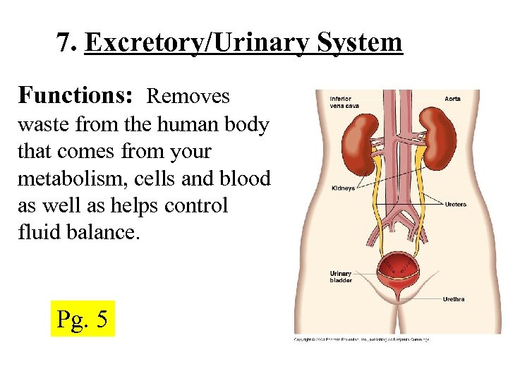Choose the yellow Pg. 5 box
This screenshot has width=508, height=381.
tap(82, 318)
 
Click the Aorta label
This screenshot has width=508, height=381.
tap(452, 99)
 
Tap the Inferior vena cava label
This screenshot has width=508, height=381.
tap(342, 102)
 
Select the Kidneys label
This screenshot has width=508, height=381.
tap(343, 189)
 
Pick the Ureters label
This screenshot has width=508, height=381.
tap(455, 205)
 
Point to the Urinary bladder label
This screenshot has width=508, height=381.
tap(341, 277)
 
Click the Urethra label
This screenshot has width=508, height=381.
tap(454, 299)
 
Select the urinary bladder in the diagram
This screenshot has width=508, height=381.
tap(399, 268)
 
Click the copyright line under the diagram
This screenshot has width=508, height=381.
tap(361, 340)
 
